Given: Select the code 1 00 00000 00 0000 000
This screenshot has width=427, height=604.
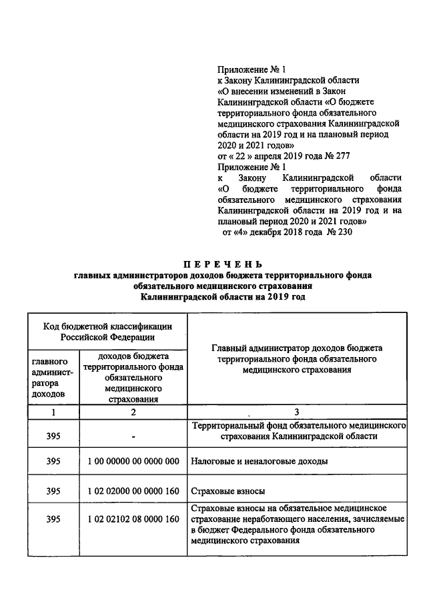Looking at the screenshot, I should click(x=133, y=461).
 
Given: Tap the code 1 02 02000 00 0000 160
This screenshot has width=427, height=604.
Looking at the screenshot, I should click(x=133, y=491).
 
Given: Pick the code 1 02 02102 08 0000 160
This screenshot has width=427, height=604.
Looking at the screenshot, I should click(x=133, y=519).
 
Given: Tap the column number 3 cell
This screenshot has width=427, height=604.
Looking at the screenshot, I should click(x=296, y=412).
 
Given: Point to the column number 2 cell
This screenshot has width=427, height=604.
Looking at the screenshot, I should click(x=133, y=412).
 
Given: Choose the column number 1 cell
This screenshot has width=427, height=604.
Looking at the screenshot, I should click(x=53, y=412).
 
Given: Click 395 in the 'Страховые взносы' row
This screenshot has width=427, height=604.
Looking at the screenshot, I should click(x=53, y=491).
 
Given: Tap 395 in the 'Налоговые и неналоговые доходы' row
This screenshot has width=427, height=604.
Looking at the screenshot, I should click(x=53, y=461).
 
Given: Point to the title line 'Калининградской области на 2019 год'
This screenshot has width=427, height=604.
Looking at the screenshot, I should click(x=213, y=296).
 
